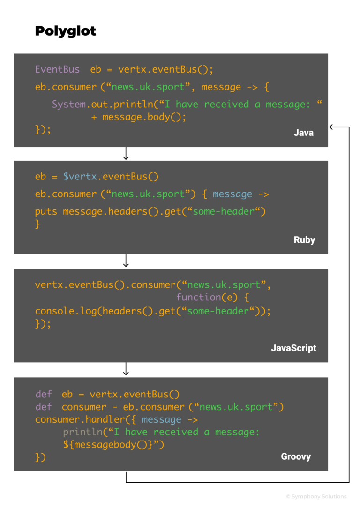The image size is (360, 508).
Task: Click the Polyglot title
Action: [66, 31]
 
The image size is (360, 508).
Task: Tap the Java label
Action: [303, 133]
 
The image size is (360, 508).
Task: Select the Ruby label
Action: [304, 240]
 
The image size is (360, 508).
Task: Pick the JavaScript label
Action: [293, 348]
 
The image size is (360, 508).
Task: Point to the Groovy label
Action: [296, 456]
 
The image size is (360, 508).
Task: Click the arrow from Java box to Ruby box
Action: [126, 154]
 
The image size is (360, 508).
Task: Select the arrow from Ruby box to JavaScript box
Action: [126, 261]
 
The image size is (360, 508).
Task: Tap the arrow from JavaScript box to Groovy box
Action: [126, 369]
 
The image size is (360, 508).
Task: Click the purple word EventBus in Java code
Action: [57, 69]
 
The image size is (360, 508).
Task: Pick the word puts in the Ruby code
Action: [46, 211]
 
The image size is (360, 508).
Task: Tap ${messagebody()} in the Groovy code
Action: [111, 444]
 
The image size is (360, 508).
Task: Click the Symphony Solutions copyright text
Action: [316, 496]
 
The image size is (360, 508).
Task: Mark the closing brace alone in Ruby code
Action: [37, 224]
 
